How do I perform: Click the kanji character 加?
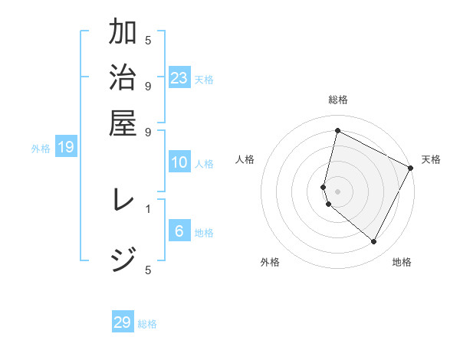123,33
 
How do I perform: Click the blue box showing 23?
179,77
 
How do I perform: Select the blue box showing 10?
179,162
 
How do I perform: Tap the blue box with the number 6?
179,231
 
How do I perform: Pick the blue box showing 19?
66,147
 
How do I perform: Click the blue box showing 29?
123,322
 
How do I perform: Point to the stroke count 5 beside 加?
148,40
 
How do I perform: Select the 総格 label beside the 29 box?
147,324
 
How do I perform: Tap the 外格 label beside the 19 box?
41,149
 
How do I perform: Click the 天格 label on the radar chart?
431,159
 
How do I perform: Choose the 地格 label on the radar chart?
402,262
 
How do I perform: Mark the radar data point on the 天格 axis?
411,168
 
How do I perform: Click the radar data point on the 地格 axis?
374,242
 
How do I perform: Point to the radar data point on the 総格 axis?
337,131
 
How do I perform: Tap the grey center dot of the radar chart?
337,191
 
